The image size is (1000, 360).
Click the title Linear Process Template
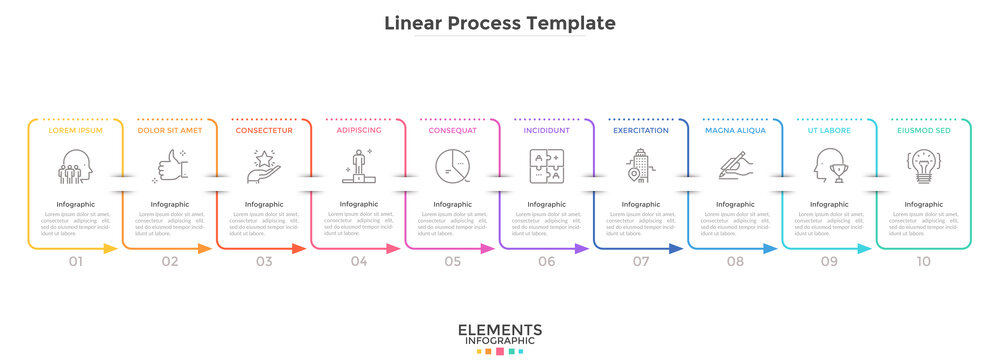pos(500,22)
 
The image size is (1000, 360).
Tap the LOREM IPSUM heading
pos(75,130)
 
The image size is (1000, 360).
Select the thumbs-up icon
pos(169,166)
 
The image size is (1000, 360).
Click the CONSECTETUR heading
pos(264,130)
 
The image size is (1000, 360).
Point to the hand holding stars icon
pos(263,165)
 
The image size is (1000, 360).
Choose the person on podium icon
pos(358,166)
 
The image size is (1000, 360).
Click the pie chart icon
pos(452,166)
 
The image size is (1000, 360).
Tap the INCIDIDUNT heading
pos(546,130)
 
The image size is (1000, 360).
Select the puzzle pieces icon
pos(546,166)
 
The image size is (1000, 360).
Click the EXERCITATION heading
pos(640,130)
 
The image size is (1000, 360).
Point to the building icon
pos(640,166)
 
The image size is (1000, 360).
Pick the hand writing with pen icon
pos(735,166)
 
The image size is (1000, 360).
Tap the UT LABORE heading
pos(829,130)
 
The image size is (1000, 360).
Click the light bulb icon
pos(923,166)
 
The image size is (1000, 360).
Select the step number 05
pos(453,262)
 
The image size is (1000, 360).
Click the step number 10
pos(923,262)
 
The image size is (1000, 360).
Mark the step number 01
pos(76,262)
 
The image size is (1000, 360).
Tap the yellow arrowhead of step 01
pos(112,248)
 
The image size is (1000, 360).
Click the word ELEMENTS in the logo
pos(500,330)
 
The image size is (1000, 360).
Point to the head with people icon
pos(75,166)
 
